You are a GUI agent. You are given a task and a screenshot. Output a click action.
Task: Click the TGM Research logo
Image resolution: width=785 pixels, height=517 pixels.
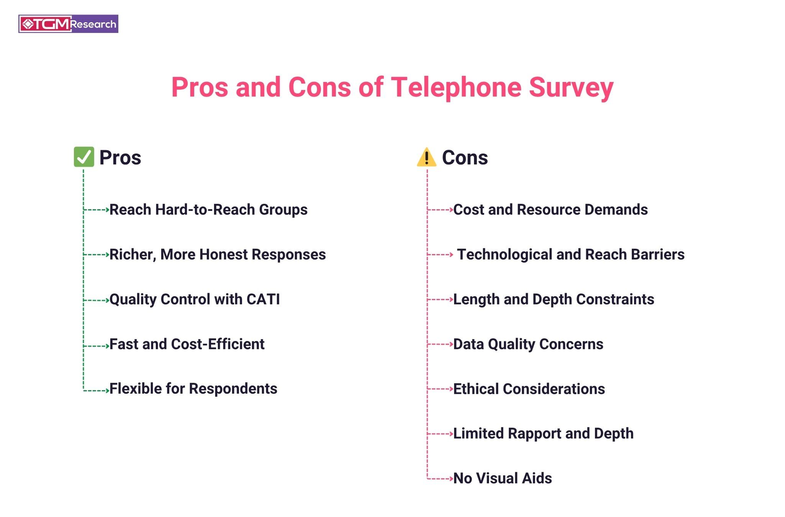pyautogui.click(x=68, y=24)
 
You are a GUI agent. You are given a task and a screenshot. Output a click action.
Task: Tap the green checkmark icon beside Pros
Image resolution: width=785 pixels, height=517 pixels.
pyautogui.click(x=84, y=157)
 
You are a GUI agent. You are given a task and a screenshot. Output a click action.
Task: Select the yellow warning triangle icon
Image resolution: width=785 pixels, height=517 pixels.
pyautogui.click(x=426, y=158)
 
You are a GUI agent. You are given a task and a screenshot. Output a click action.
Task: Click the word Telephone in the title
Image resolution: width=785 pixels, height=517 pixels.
pyautogui.click(x=456, y=87)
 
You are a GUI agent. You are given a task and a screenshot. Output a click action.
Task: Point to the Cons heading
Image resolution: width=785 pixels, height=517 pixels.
pyautogui.click(x=465, y=158)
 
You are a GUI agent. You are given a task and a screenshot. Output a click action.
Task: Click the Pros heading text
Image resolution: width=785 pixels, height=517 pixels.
pyautogui.click(x=120, y=158)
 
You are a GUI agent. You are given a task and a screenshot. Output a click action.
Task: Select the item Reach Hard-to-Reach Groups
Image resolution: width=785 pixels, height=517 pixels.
pyautogui.click(x=208, y=210)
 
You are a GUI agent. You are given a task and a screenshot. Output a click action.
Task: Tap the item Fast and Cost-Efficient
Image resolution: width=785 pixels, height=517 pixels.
pyautogui.click(x=187, y=344)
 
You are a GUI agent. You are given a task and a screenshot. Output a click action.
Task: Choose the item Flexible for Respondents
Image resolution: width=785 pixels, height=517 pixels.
pyautogui.click(x=193, y=389)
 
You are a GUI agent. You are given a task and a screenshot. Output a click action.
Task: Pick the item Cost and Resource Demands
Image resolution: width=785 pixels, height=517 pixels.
pyautogui.click(x=550, y=210)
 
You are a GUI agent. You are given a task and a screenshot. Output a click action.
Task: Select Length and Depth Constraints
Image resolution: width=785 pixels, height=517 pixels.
pyautogui.click(x=554, y=300)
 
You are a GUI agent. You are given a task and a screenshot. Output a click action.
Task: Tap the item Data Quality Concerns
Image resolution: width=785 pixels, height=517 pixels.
pyautogui.click(x=528, y=344)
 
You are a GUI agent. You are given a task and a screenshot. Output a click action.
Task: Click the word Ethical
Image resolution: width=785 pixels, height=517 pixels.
pyautogui.click(x=476, y=389)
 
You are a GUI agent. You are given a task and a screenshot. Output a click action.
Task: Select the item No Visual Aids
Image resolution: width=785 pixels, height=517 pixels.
pyautogui.click(x=502, y=478)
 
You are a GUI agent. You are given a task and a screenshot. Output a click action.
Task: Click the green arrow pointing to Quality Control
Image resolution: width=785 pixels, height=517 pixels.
pyautogui.click(x=97, y=300)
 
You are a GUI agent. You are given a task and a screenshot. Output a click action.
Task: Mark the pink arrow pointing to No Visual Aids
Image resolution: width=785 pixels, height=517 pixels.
pyautogui.click(x=440, y=479)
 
